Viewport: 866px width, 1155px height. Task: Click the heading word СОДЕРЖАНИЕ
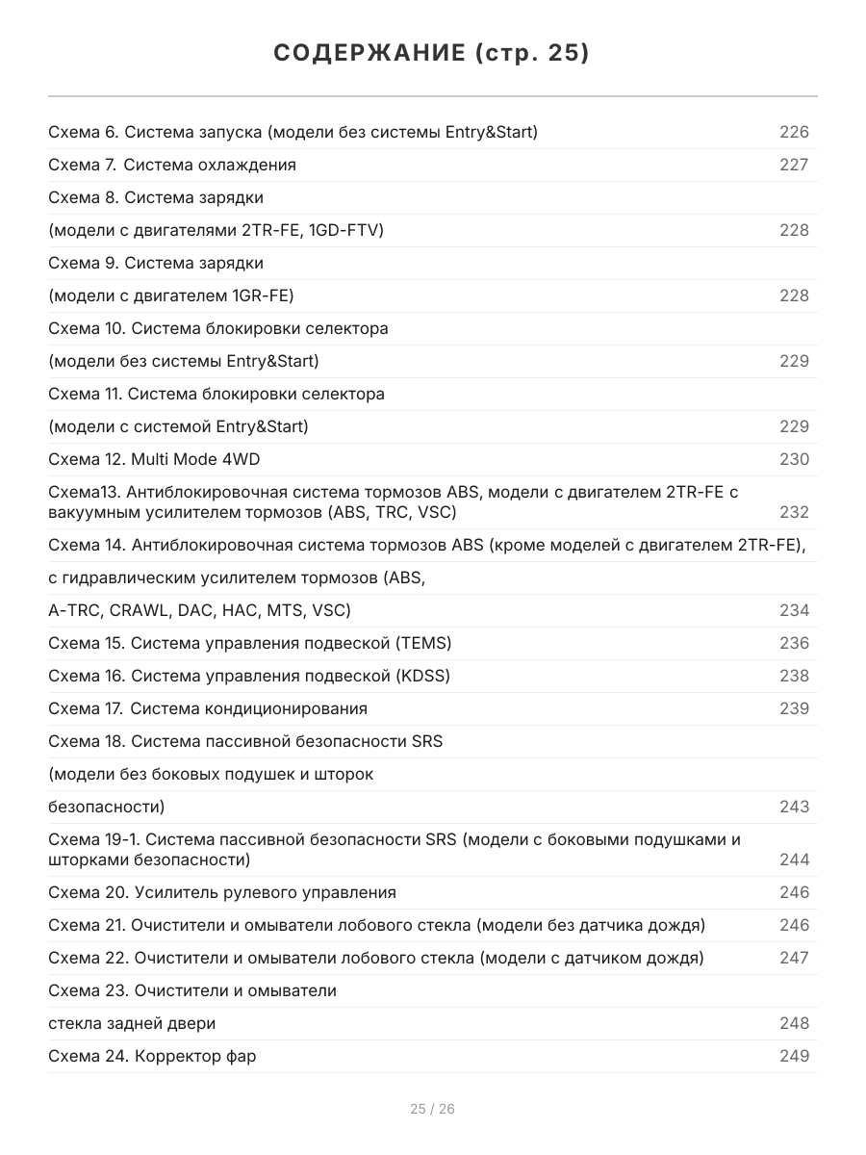pos(368,53)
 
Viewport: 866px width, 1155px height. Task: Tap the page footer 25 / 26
pos(432,1109)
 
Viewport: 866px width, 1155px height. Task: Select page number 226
pos(794,132)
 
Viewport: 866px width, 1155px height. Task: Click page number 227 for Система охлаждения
pos(794,165)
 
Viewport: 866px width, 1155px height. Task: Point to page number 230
pos(794,459)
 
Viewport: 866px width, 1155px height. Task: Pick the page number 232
pos(794,512)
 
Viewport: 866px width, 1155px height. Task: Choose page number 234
pos(794,610)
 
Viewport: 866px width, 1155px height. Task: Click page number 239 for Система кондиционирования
pos(794,708)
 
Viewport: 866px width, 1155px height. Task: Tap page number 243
pos(794,807)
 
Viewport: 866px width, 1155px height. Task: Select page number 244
pos(794,860)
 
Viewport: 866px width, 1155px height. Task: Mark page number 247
pos(794,958)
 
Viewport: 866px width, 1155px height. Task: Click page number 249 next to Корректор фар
pos(794,1056)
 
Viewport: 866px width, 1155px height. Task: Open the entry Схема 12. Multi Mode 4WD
pos(154,459)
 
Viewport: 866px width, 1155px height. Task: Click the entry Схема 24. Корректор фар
pos(152,1056)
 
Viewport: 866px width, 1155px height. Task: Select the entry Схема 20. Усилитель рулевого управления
pos(222,892)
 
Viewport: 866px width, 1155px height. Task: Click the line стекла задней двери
pos(132,1023)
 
